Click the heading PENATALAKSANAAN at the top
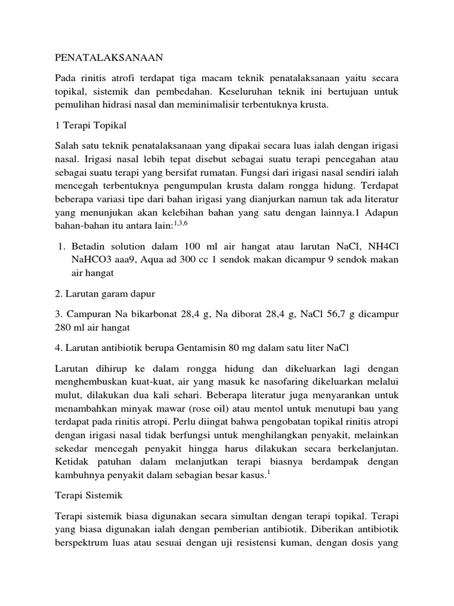[108, 58]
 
